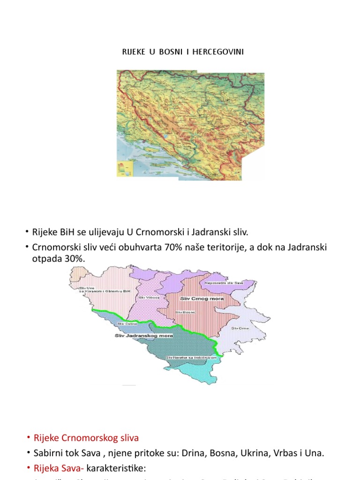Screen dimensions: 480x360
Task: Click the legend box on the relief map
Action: tap(125, 167)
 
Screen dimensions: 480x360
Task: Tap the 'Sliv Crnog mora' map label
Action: tap(195, 298)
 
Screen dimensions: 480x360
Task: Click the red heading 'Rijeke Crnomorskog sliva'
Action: tap(86, 438)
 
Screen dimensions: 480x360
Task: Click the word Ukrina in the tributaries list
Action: tap(258, 453)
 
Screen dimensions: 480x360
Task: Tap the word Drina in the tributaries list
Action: tap(203, 453)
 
